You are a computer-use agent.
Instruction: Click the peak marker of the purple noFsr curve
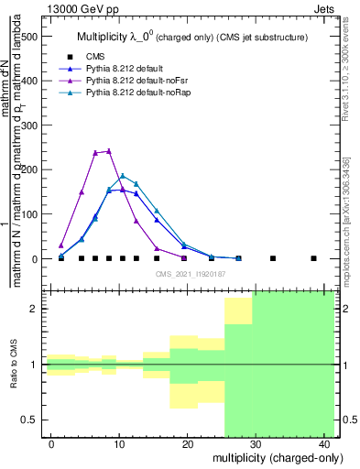coord(109,151)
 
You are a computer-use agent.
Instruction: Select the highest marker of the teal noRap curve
coord(123,176)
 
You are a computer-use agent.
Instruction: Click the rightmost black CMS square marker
coord(313,258)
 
